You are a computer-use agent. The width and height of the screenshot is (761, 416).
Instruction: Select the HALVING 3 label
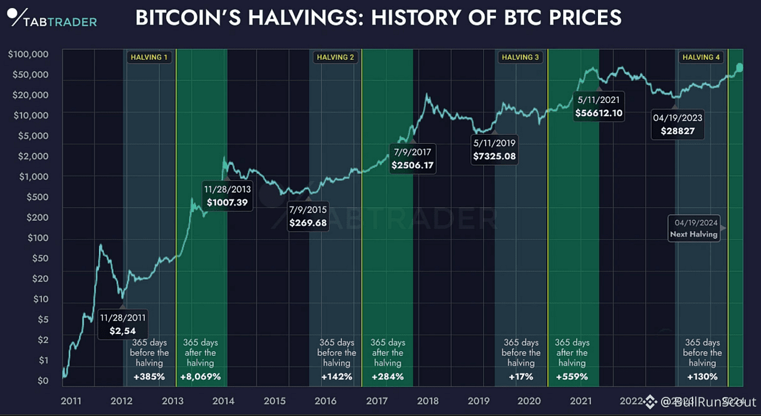tap(520, 57)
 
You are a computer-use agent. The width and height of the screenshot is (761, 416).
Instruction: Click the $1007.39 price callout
tap(227, 196)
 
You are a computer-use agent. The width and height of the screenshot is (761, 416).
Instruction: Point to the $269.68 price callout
tap(308, 216)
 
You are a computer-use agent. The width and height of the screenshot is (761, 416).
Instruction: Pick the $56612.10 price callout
tap(600, 107)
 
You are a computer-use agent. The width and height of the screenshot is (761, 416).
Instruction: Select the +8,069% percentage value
tap(201, 376)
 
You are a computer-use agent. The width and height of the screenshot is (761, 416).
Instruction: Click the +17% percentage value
tap(521, 376)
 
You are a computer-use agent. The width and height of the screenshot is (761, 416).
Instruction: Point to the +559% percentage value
tap(572, 376)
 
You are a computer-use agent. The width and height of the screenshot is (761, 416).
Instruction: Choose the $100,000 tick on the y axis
tap(28, 54)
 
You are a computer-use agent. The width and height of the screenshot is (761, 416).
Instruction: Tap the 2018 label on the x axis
tap(428, 401)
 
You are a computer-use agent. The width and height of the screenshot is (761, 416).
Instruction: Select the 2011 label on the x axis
tap(71, 401)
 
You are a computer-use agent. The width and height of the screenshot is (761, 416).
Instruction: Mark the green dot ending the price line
tap(739, 67)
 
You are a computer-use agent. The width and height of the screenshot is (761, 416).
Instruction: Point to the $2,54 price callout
tap(123, 324)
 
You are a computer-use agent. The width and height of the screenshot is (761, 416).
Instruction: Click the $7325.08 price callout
tap(494, 150)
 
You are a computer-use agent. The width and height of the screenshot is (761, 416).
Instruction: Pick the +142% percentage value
tap(336, 376)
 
